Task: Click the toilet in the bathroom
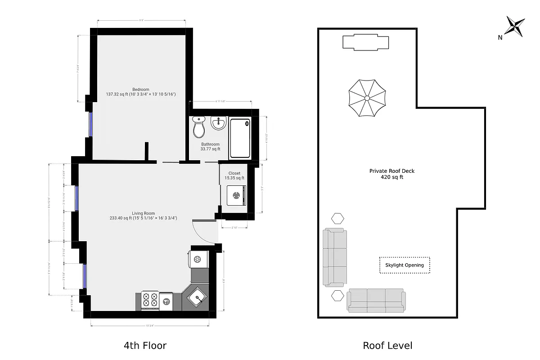click(x=198, y=128)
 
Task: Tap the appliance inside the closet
click(x=235, y=194)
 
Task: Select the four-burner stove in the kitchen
click(x=150, y=300)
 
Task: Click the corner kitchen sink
click(x=196, y=297)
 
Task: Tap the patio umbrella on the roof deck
click(x=367, y=98)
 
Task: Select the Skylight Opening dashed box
click(x=404, y=265)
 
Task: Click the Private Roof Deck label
click(x=391, y=174)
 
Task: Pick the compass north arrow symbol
click(x=514, y=27)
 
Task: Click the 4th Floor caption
click(x=145, y=346)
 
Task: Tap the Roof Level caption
click(x=387, y=346)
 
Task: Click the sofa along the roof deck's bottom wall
click(x=376, y=301)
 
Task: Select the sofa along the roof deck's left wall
click(x=335, y=257)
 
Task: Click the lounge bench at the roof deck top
click(x=365, y=42)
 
